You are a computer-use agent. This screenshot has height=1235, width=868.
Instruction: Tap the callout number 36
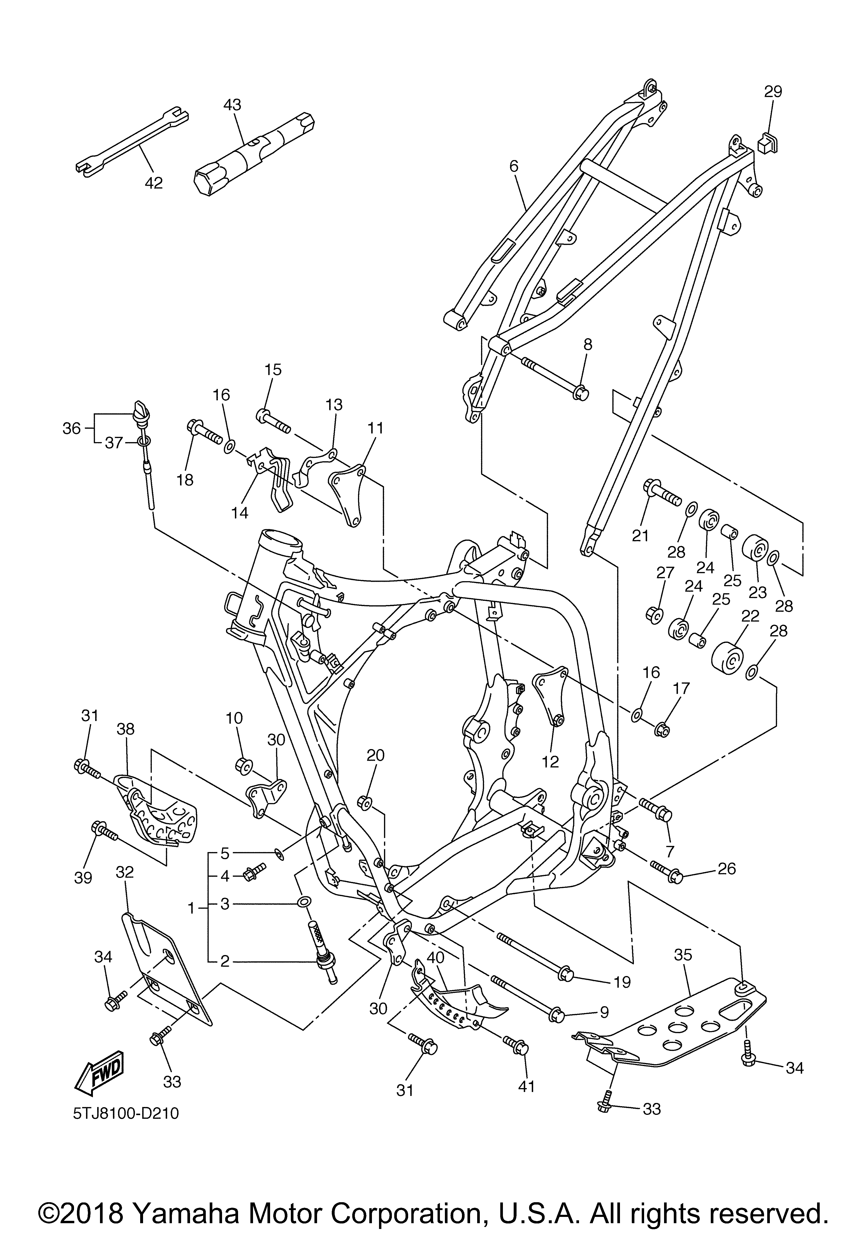pos(71,429)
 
